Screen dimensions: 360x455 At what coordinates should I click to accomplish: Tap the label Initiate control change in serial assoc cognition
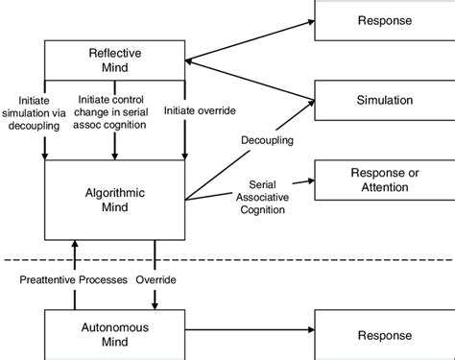(x=115, y=108)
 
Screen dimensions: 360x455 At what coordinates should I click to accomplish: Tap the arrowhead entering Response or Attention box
(x=311, y=180)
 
